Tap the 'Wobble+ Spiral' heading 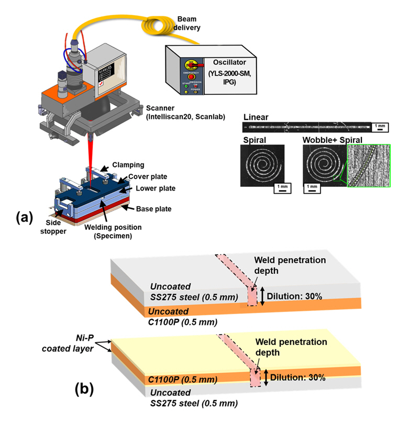click(x=331, y=140)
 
